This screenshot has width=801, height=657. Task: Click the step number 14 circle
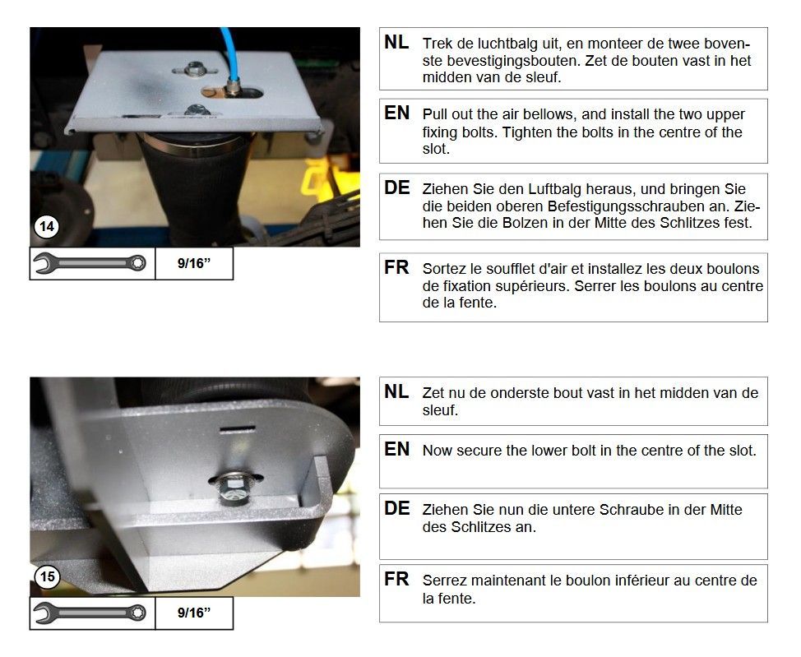pos(47,226)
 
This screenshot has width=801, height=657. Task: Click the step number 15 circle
pos(47,576)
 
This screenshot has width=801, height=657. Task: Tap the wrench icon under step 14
pos(90,263)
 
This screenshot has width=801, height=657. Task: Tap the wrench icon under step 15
pos(90,613)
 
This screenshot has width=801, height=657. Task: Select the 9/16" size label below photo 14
pos(194,263)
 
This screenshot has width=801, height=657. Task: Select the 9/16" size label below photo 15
pos(194,613)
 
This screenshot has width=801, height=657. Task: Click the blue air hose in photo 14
pos(229,51)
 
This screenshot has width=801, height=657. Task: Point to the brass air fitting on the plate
pos(233,87)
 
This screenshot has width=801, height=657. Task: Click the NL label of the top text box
pos(396,42)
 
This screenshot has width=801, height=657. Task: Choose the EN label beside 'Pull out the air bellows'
pos(397,113)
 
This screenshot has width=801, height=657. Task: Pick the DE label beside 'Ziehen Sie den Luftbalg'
pos(397,187)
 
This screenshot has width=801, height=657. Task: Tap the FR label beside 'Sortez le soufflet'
pos(396,267)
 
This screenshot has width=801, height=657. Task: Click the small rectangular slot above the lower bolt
pos(237,428)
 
